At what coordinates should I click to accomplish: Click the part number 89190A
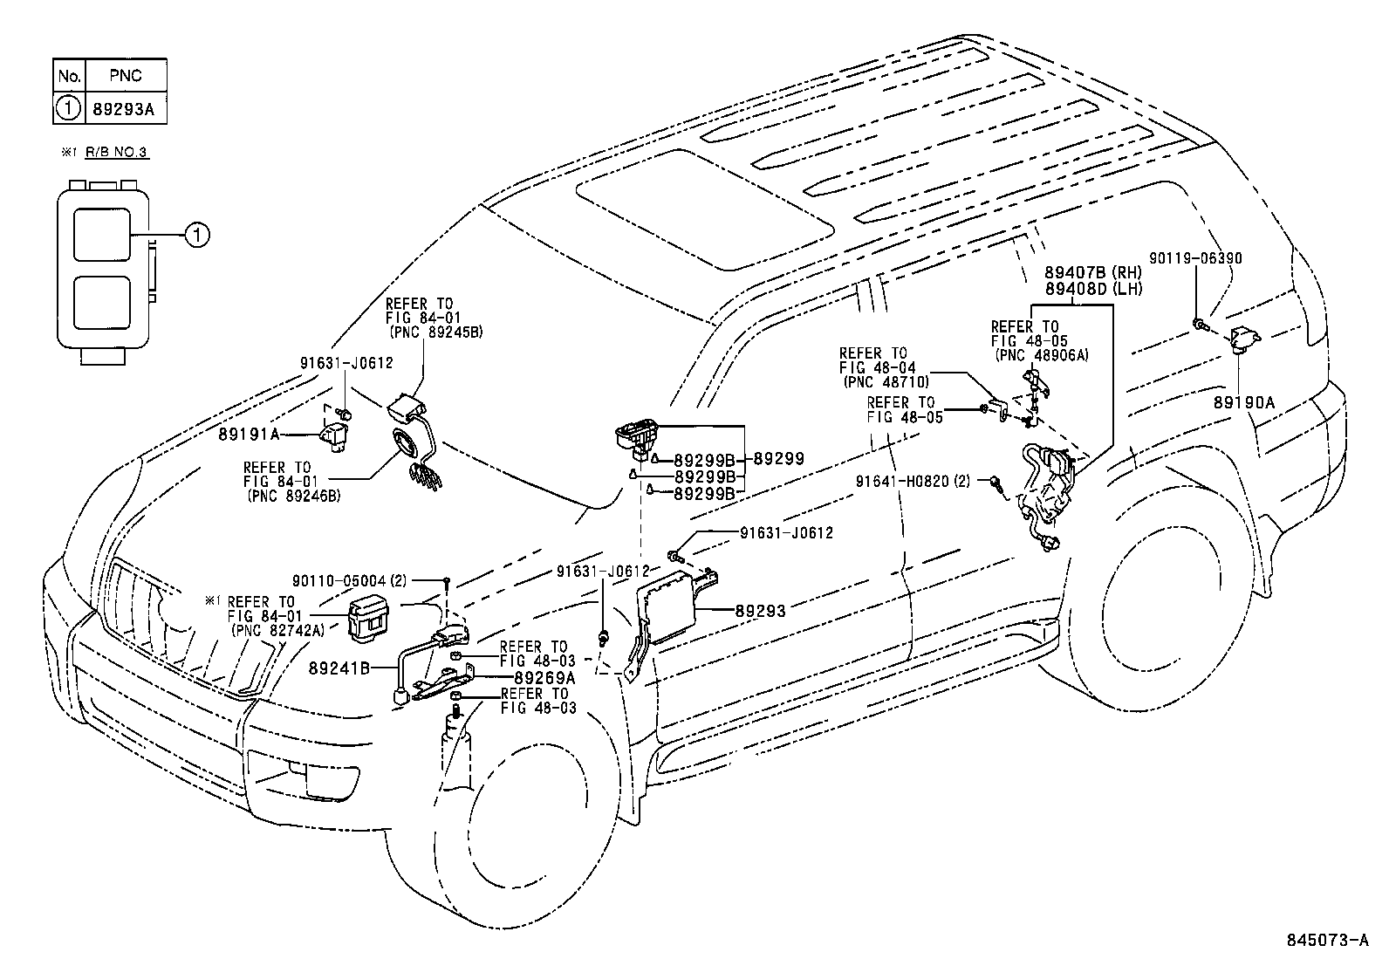coord(1242,402)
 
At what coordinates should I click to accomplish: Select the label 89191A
coord(249,433)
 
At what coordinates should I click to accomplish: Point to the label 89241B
coord(339,668)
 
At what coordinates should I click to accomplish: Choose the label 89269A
coord(544,677)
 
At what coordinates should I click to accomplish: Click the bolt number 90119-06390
coord(1195,258)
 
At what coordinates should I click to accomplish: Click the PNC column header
coord(123,76)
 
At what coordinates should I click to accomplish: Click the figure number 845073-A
coord(1326,940)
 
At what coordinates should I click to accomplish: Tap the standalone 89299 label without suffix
coord(778,458)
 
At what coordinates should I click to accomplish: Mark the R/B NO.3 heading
coord(117,152)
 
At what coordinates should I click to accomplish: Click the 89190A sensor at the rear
coord(1243,338)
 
